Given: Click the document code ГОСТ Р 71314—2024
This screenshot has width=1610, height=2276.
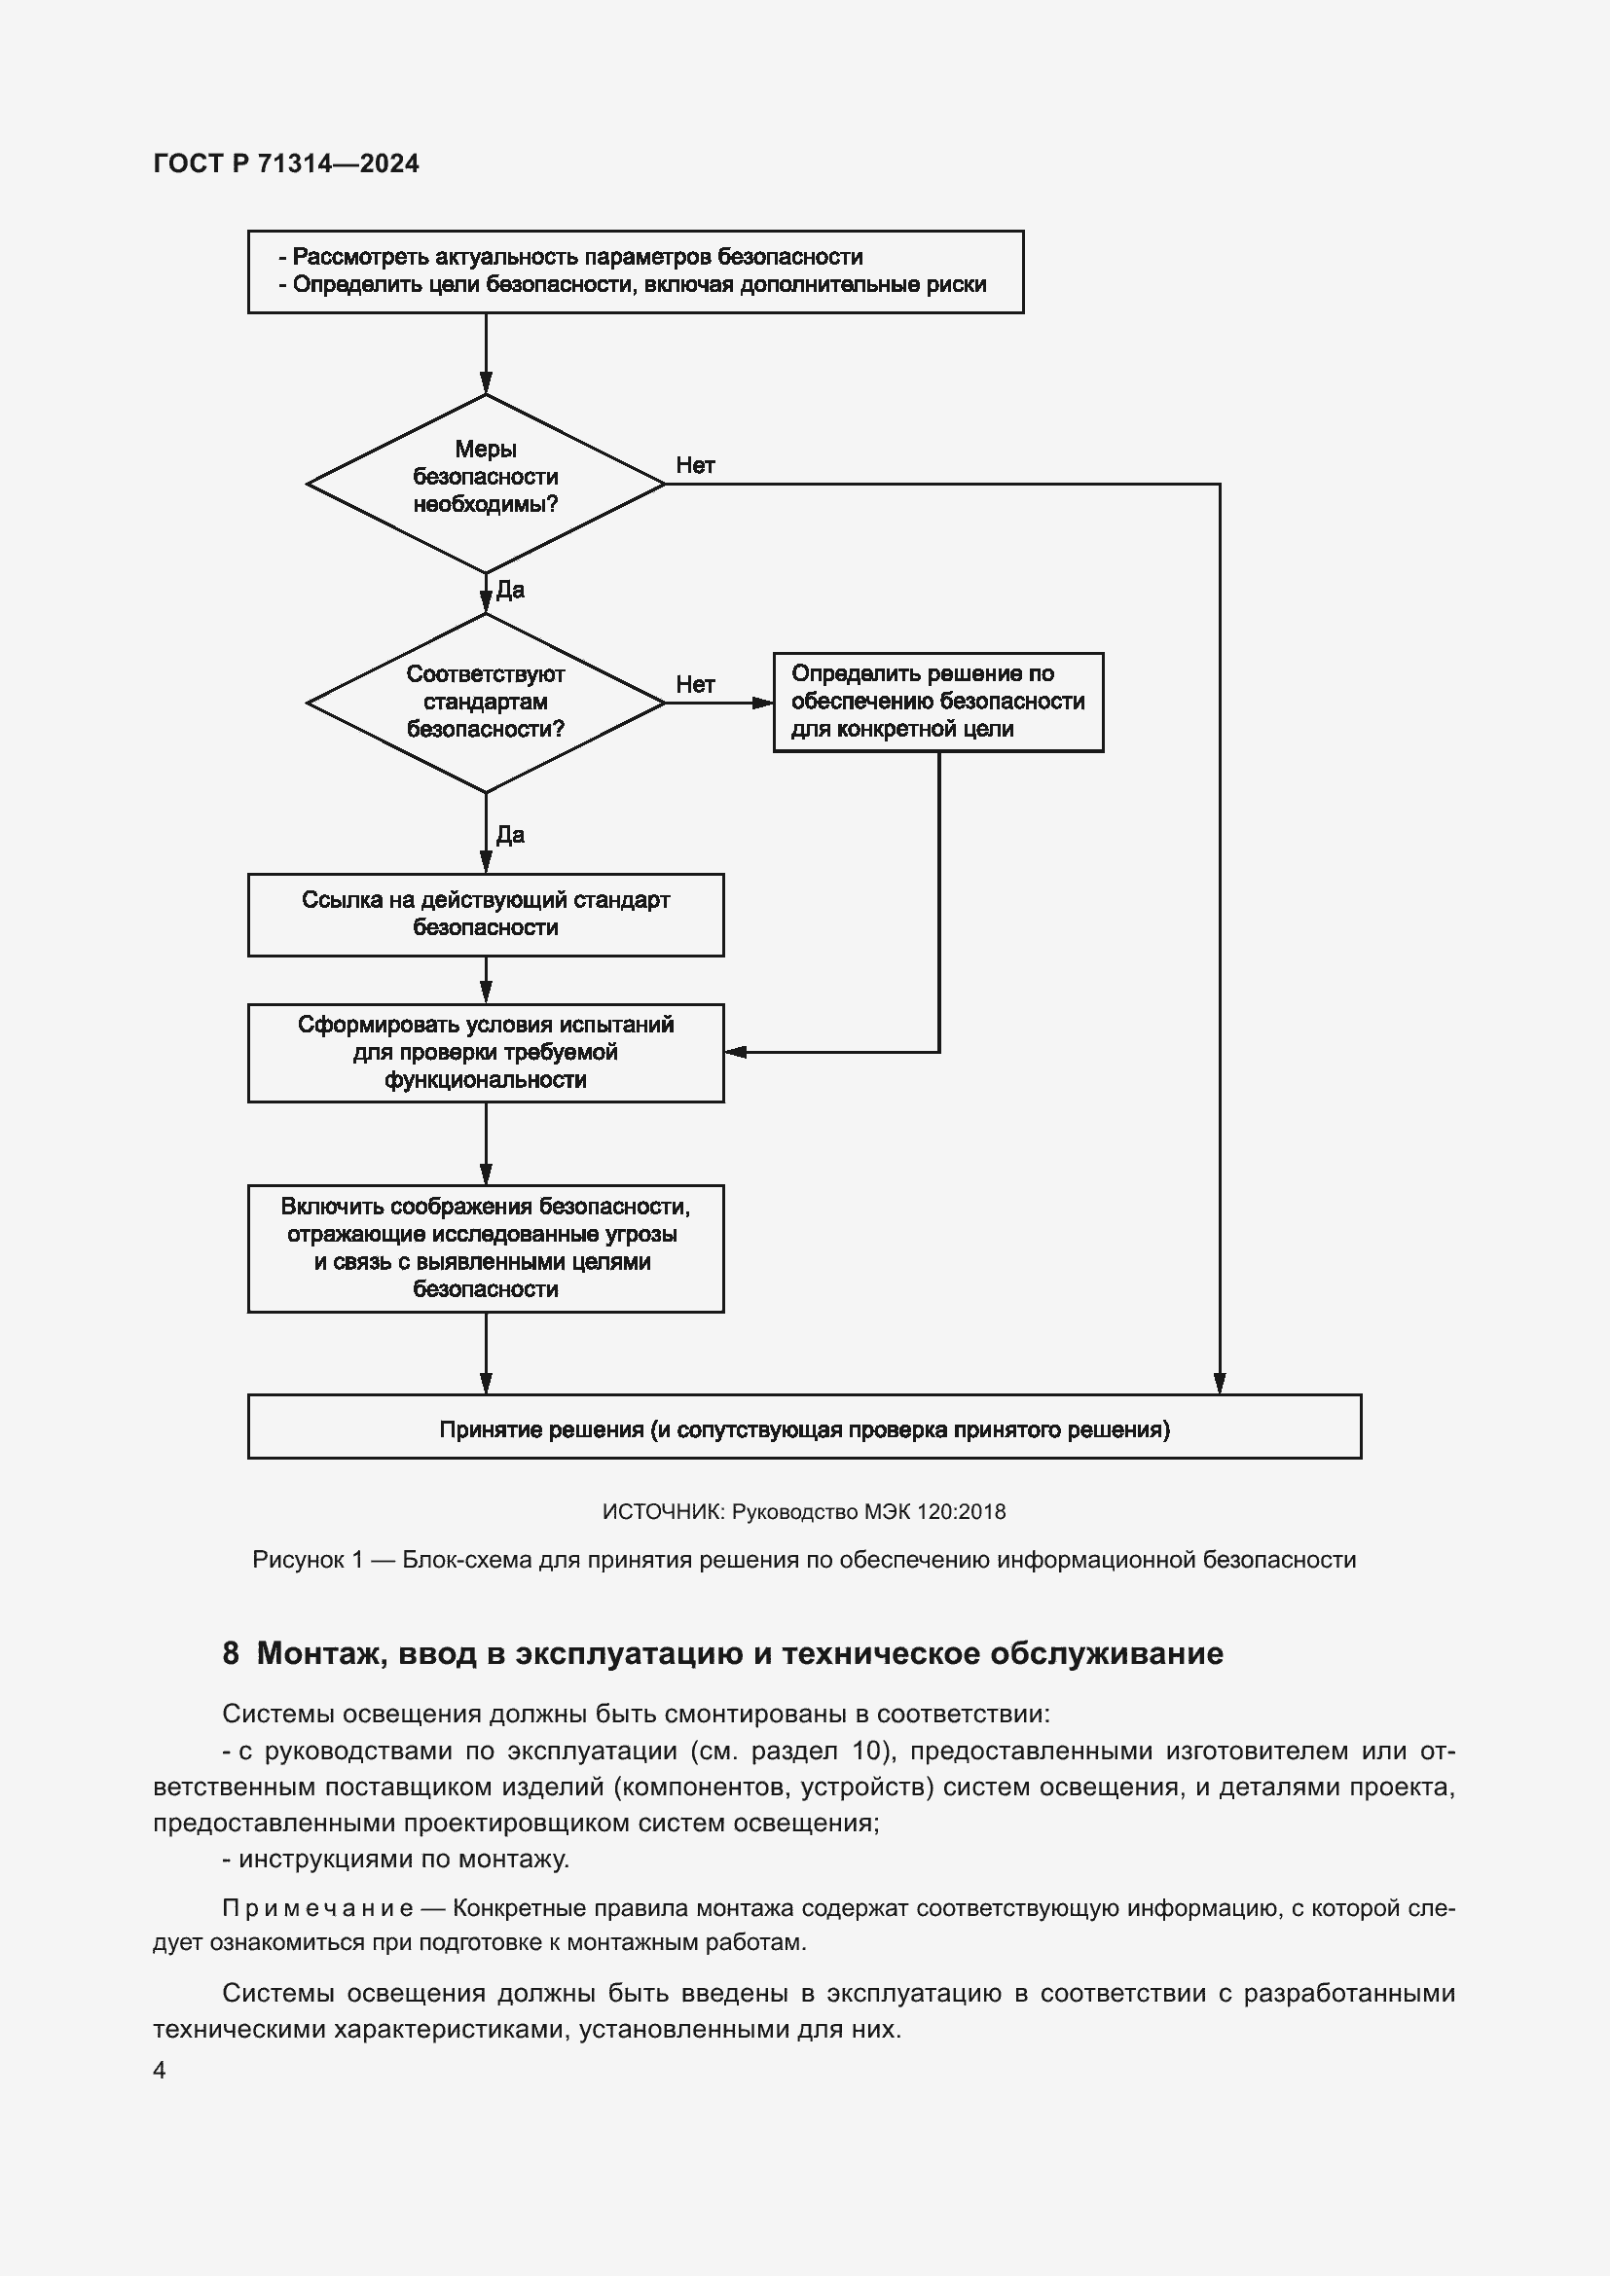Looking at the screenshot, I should coord(285,163).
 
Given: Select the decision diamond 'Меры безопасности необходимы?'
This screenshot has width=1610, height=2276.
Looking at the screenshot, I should coord(485,483).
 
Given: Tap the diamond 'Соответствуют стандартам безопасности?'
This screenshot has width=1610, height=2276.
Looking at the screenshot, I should coord(485,702).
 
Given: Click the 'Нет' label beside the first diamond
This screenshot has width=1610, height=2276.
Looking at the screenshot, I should coord(695,465).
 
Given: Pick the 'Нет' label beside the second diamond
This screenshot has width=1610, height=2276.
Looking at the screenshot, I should coord(695,684).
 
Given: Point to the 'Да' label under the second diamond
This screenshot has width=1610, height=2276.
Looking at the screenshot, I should coord(509,835).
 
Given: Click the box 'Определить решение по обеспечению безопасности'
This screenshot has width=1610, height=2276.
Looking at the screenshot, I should coord(936,702).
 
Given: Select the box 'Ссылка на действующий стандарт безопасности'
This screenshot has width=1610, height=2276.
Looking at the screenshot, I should coord(485,914).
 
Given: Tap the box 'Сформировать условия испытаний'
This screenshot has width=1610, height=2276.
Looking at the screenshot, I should coord(485,1052).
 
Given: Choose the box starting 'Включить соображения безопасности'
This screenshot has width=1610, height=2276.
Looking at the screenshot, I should coord(485,1248).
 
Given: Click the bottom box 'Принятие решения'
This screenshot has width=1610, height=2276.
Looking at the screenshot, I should coord(803,1428).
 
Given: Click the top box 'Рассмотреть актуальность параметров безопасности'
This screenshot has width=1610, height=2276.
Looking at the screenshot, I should coord(635,271).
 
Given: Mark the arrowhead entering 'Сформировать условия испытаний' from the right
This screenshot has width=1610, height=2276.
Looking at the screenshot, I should coord(735,1052).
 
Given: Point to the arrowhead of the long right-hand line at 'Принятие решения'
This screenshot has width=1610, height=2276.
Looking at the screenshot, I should coord(1219,1384).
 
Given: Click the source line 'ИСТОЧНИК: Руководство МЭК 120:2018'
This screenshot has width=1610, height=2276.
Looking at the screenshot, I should coord(803,1512).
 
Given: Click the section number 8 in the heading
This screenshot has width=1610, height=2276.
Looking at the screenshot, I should coord(230,1652).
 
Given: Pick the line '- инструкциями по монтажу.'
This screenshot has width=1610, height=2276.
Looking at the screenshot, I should coord(395,1859).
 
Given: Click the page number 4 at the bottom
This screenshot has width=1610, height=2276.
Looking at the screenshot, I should coord(160,2070).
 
